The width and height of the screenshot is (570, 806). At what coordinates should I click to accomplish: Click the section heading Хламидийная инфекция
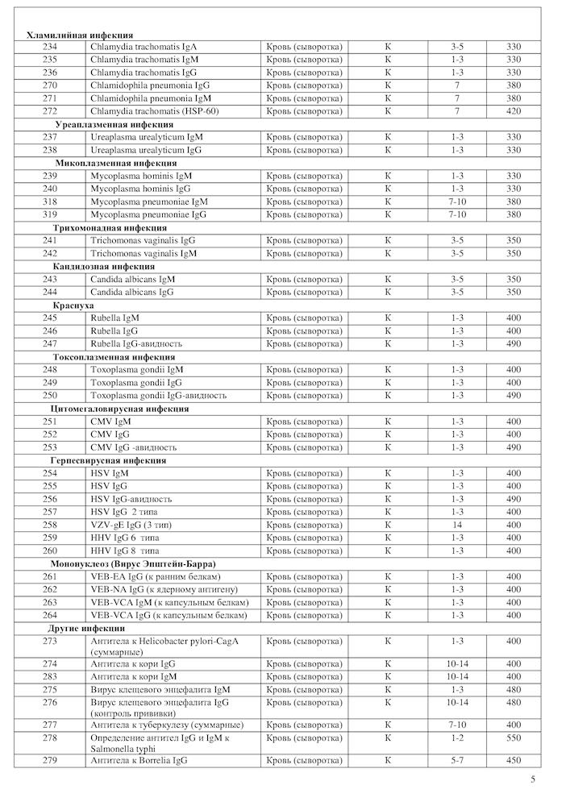click(x=81, y=35)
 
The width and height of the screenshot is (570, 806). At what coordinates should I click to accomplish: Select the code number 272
click(x=50, y=111)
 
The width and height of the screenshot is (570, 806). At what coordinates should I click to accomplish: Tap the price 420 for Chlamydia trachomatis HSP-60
click(x=514, y=111)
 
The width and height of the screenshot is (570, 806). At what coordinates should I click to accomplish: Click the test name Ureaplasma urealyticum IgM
click(x=146, y=137)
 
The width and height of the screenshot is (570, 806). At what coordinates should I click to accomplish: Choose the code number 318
click(x=50, y=201)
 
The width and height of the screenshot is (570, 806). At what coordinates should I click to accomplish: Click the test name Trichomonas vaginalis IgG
click(x=143, y=240)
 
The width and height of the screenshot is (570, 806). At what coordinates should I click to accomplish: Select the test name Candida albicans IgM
click(x=133, y=279)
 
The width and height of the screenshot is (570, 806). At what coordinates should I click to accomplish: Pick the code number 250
click(x=50, y=396)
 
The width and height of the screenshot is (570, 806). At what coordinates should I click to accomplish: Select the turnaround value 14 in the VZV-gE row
click(x=457, y=525)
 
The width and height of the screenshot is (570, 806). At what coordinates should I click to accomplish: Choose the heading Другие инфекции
click(x=86, y=628)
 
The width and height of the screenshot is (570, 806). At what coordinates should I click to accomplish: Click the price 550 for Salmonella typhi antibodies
click(x=514, y=737)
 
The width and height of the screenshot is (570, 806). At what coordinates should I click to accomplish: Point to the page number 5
click(x=533, y=779)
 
